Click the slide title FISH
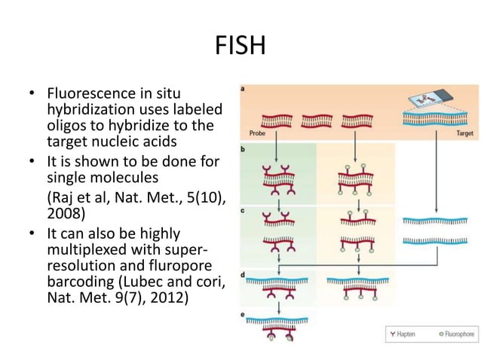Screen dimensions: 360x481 pyautogui.click(x=240, y=47)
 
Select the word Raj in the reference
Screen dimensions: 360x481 pyautogui.click(x=63, y=197)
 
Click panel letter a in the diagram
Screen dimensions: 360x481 pyautogui.click(x=242, y=89)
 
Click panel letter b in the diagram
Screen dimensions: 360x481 pyautogui.click(x=242, y=149)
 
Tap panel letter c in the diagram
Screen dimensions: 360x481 pyautogui.click(x=242, y=210)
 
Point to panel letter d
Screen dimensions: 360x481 pyautogui.click(x=242, y=275)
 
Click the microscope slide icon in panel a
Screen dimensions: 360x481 pyautogui.click(x=425, y=101)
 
